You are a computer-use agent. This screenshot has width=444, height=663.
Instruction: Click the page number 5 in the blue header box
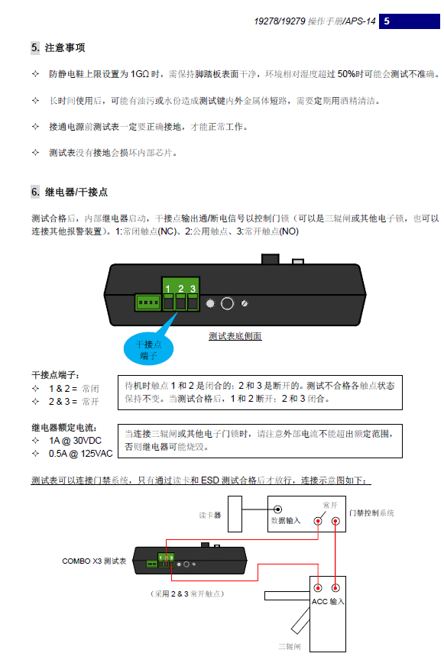point(387,21)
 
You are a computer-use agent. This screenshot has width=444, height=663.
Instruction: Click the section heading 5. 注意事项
point(58,47)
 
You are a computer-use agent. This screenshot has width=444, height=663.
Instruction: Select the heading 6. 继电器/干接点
point(70,192)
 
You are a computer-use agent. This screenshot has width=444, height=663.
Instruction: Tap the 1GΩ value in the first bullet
point(140,74)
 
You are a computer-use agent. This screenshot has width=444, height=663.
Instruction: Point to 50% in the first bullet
point(346,74)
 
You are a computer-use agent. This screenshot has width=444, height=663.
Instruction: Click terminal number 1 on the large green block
point(168,289)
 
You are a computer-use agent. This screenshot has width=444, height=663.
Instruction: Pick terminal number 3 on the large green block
point(193,289)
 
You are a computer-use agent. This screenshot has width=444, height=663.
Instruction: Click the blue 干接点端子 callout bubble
point(148,350)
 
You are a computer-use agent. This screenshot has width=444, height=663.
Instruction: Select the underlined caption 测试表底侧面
point(235,336)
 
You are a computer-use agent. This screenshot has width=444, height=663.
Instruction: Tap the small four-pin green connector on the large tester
point(148,302)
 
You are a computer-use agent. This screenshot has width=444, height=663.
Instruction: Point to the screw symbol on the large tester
point(245,303)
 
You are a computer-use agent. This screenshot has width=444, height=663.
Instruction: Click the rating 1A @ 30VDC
point(75,441)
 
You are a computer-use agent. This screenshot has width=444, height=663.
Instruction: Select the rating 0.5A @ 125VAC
point(81,454)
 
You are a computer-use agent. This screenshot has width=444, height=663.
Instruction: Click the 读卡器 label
point(210,515)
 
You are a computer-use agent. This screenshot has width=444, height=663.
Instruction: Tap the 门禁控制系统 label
point(371,513)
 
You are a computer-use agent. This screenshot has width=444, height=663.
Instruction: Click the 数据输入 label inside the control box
point(286,520)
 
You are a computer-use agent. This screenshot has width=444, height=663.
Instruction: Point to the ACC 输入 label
point(328,601)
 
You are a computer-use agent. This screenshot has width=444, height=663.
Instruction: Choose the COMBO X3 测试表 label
point(94,561)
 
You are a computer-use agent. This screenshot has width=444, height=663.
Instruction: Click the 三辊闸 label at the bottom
point(290,646)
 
